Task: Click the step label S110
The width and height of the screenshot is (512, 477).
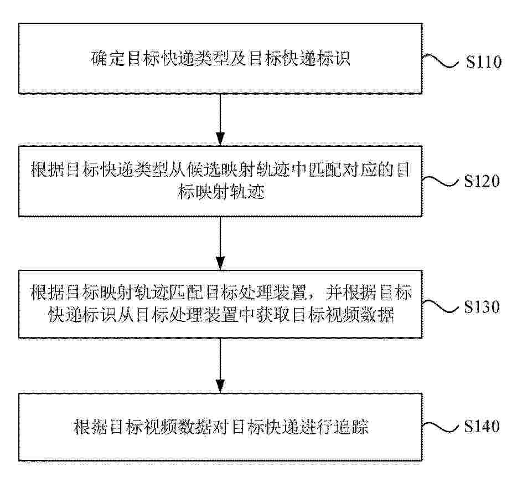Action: tap(484, 61)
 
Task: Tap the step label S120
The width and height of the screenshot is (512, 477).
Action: tap(482, 181)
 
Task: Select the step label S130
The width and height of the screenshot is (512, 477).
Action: tap(482, 307)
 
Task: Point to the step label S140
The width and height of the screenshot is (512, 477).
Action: tap(482, 427)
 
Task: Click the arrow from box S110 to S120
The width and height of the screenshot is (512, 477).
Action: tap(220, 120)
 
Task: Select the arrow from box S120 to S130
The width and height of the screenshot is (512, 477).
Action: tap(220, 243)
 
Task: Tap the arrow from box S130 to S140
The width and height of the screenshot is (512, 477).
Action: tap(220, 366)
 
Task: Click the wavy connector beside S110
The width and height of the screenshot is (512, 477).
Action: tap(441, 61)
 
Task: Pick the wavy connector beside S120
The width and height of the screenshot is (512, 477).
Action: tap(441, 181)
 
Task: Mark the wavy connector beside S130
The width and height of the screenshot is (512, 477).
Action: tap(441, 306)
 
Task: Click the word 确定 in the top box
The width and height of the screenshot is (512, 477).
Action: tap(108, 59)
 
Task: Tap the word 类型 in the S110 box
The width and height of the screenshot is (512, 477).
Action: tap(212, 59)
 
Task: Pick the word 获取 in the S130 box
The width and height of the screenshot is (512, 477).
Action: tap(273, 315)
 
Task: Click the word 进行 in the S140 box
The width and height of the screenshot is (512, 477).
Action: tap(317, 427)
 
